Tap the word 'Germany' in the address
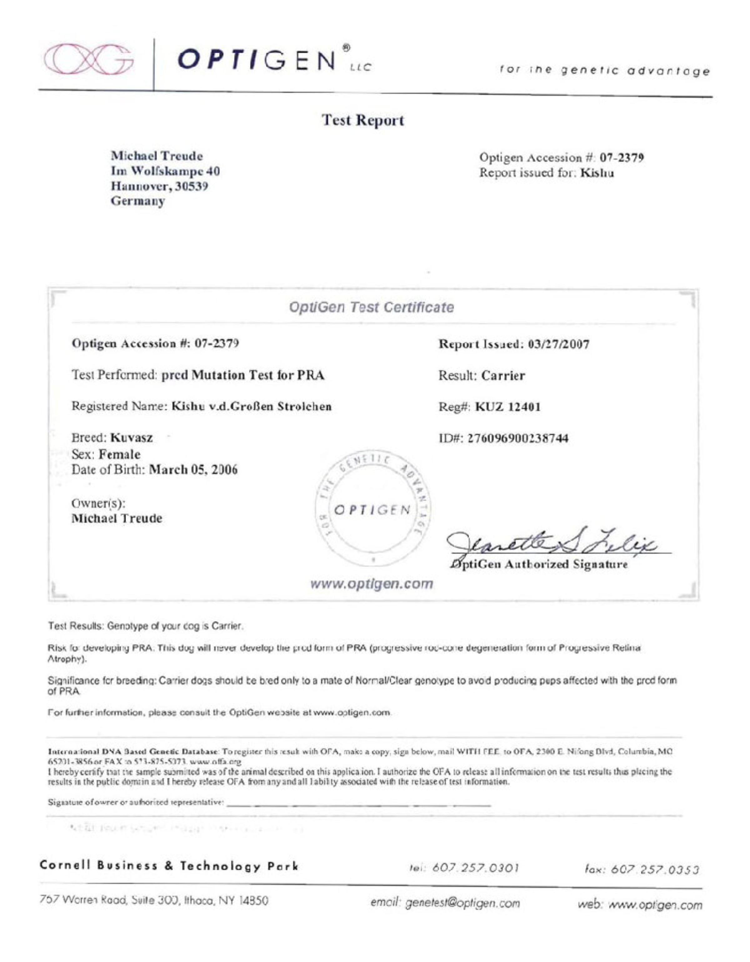tap(138, 201)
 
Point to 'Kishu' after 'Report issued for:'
tap(597, 172)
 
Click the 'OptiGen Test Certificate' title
tap(371, 307)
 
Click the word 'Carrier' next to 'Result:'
tap(503, 376)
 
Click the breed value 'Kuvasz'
tap(132, 438)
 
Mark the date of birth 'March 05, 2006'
tap(193, 470)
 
